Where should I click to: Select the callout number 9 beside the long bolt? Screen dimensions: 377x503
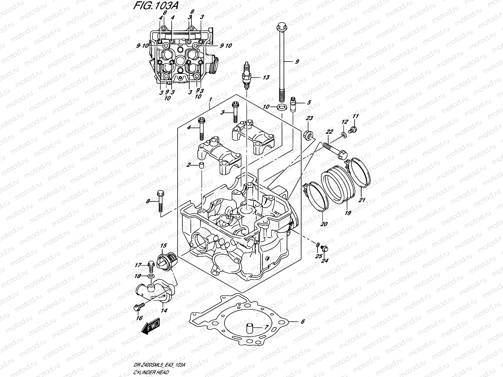point(297,62)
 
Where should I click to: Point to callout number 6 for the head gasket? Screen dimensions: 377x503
point(303,321)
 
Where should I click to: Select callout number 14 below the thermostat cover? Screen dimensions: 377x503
point(164,310)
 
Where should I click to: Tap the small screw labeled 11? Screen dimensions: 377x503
point(353,128)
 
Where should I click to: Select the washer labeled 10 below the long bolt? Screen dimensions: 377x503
point(282,108)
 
